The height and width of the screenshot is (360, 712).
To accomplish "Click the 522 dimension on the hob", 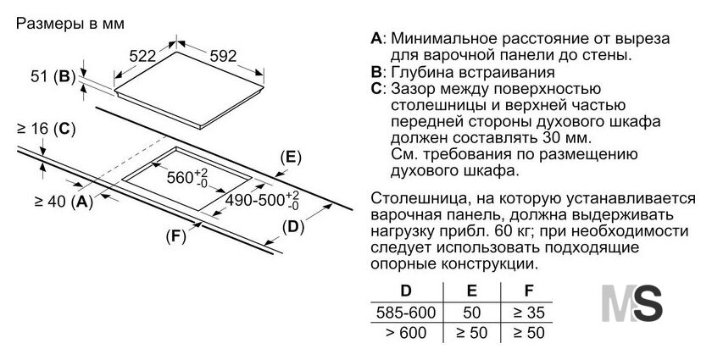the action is pos(142,56).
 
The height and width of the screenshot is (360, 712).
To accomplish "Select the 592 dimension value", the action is pos(224,56).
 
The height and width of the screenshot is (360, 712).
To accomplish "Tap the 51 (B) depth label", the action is pos(53,76).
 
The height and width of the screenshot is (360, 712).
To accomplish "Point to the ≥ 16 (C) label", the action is pos(46,130).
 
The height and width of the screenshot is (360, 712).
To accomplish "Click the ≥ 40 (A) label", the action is pos(64,201).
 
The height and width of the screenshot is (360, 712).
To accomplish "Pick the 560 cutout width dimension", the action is pos(187,177).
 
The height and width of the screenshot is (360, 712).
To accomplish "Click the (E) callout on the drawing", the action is pos(291,158).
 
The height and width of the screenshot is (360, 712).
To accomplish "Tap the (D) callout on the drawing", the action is pos(293,227).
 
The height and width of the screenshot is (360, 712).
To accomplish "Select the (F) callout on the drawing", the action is pos(176,236).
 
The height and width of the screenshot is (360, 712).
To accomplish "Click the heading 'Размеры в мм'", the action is pos(70,24).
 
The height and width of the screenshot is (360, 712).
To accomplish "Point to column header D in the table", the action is pos(406,291).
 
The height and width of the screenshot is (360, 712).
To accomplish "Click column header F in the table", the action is pos(529,291).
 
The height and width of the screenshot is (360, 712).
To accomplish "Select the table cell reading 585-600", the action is pos(406,313).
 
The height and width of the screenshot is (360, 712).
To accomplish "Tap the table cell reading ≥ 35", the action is pos(529,313).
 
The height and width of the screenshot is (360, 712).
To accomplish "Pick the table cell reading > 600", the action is pos(406,333).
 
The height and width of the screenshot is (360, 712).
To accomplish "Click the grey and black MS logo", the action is pos(632,303).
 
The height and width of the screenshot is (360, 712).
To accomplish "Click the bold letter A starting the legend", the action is pos(376,39).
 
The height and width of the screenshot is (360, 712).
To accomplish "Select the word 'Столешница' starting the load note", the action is pos(411,199).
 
